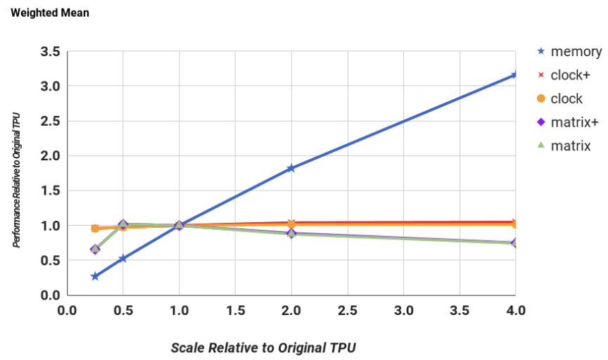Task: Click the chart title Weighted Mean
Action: pyautogui.click(x=49, y=13)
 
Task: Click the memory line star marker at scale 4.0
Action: pyautogui.click(x=515, y=75)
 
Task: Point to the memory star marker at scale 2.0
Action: pyautogui.click(x=291, y=168)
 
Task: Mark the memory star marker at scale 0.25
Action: pyautogui.click(x=95, y=276)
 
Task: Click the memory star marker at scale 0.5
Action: pyautogui.click(x=123, y=259)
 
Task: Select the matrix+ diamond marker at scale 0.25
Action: pyautogui.click(x=95, y=250)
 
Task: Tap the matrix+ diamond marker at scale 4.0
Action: pyautogui.click(x=515, y=243)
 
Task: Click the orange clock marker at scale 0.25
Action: pyautogui.click(x=95, y=229)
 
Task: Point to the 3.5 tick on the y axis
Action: pyautogui.click(x=49, y=51)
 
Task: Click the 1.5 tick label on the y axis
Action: pyautogui.click(x=49, y=191)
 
